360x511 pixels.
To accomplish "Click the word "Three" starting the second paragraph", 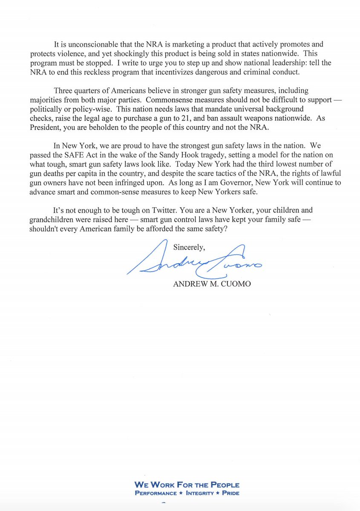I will point(63,91).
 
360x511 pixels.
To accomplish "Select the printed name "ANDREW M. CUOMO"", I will point(212,284).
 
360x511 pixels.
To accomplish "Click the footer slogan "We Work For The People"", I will point(187,485).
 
